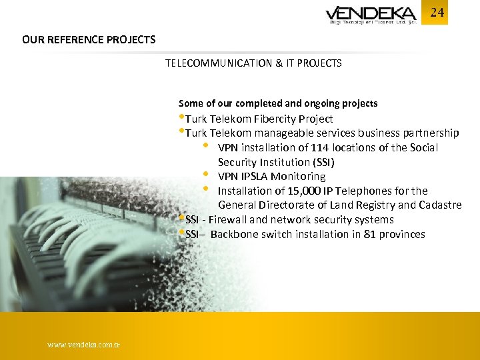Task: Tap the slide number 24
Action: pos(437,13)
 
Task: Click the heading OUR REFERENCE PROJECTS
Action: pos(89,39)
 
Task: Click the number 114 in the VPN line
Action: pos(320,147)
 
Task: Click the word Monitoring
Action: pos(299,177)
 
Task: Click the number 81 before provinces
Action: pos(369,234)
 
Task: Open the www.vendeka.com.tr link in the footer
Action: pos(84,345)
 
